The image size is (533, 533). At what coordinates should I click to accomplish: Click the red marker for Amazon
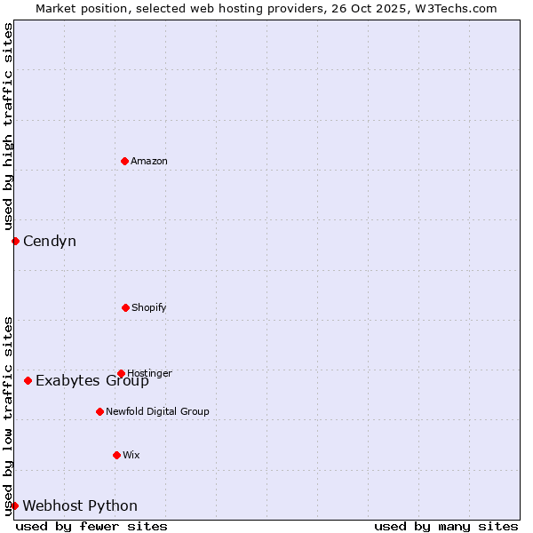pyautogui.click(x=124, y=161)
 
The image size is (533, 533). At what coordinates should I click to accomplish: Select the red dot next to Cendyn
pyautogui.click(x=15, y=241)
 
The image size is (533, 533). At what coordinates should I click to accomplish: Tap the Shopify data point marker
pyautogui.click(x=125, y=307)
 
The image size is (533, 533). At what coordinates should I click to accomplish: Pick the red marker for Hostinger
pyautogui.click(x=121, y=373)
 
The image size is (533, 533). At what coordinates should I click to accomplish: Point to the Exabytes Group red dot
pyautogui.click(x=28, y=380)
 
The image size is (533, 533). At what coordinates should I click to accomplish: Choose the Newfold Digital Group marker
pyautogui.click(x=99, y=411)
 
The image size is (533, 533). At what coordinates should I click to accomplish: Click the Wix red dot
pyautogui.click(x=116, y=455)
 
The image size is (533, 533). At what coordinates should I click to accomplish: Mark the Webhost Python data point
pyautogui.click(x=14, y=505)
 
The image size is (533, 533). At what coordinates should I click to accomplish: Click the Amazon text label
pyautogui.click(x=149, y=161)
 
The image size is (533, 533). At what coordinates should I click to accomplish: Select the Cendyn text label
pyautogui.click(x=50, y=241)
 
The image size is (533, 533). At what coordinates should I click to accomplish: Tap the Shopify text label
pyautogui.click(x=149, y=307)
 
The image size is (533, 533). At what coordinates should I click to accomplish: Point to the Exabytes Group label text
pyautogui.click(x=92, y=382)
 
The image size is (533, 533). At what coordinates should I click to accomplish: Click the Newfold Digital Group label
pyautogui.click(x=157, y=411)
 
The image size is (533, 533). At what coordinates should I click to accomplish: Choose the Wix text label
pyautogui.click(x=131, y=455)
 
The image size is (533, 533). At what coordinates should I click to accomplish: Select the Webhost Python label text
pyautogui.click(x=80, y=505)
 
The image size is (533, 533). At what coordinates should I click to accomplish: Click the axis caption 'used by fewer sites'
pyautogui.click(x=91, y=526)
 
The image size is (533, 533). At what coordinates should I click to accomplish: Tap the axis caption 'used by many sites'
pyautogui.click(x=446, y=526)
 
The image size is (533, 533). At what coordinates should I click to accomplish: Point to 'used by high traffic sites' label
pyautogui.click(x=8, y=126)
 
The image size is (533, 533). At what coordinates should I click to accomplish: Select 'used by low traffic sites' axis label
pyautogui.click(x=8, y=415)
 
